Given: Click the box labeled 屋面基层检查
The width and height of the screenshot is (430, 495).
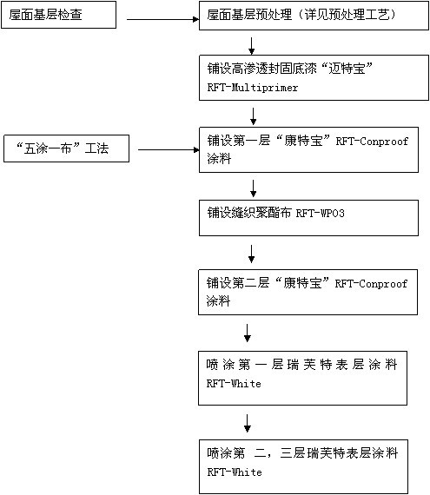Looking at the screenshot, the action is (59, 15).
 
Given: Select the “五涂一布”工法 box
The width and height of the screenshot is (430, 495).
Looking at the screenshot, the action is (66, 148).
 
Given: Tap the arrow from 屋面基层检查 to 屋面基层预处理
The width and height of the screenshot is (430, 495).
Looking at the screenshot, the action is (163, 19).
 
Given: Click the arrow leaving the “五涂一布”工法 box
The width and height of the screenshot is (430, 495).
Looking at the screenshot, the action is (169, 149).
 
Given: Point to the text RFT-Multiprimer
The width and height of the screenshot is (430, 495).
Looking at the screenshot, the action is (253, 88).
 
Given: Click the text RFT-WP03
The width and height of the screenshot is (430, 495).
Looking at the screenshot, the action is (321, 214).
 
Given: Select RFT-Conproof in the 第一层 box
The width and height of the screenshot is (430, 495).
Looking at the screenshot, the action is (372, 141).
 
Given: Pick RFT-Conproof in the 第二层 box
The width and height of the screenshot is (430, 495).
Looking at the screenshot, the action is (371, 283).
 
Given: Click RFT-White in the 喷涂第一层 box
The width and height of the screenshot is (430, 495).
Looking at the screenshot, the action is (234, 384).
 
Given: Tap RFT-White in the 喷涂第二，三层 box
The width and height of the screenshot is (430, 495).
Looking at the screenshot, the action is (235, 472).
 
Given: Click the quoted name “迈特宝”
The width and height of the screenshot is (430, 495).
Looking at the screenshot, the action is (347, 69).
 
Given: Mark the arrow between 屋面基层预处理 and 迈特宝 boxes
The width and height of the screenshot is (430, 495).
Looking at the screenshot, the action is (251, 46).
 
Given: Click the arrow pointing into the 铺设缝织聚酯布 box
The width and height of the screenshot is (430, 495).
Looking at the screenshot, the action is (253, 188).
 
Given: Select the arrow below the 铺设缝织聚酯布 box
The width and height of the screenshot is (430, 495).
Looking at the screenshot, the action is (251, 254).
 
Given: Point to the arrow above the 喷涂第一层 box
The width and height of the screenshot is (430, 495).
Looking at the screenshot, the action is (248, 333).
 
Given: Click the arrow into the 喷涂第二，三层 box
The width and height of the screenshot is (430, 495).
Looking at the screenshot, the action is (248, 423).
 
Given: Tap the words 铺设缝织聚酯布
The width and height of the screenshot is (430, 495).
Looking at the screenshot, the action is (249, 213).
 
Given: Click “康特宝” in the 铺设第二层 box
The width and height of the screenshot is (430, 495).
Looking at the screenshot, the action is (302, 283).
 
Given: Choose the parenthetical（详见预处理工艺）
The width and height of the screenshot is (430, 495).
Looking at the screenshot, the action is (346, 15).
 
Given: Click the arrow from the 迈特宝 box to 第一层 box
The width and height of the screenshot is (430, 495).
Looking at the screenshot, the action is (253, 116).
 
